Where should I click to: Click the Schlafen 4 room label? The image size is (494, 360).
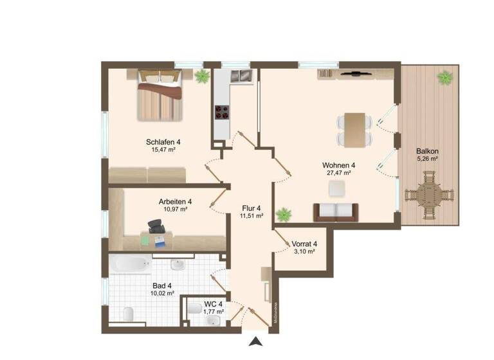tap(163, 142)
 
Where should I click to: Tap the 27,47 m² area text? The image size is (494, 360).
tap(339, 174)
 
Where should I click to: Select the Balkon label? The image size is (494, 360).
tap(426, 152)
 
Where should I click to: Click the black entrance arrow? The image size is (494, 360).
tap(255, 342)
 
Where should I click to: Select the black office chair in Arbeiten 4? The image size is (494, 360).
tap(156, 226)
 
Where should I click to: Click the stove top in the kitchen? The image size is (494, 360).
tap(223, 113)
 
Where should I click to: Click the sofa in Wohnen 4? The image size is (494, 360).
tap(334, 212)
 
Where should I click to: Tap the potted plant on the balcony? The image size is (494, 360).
tap(444, 78)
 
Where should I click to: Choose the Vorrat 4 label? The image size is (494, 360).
tap(304, 244)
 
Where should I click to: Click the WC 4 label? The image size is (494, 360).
tap(213, 304)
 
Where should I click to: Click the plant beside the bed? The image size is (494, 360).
tap(202, 76)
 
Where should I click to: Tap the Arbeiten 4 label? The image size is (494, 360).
tap(175, 201)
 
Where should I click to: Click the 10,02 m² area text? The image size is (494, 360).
tap(161, 294)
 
